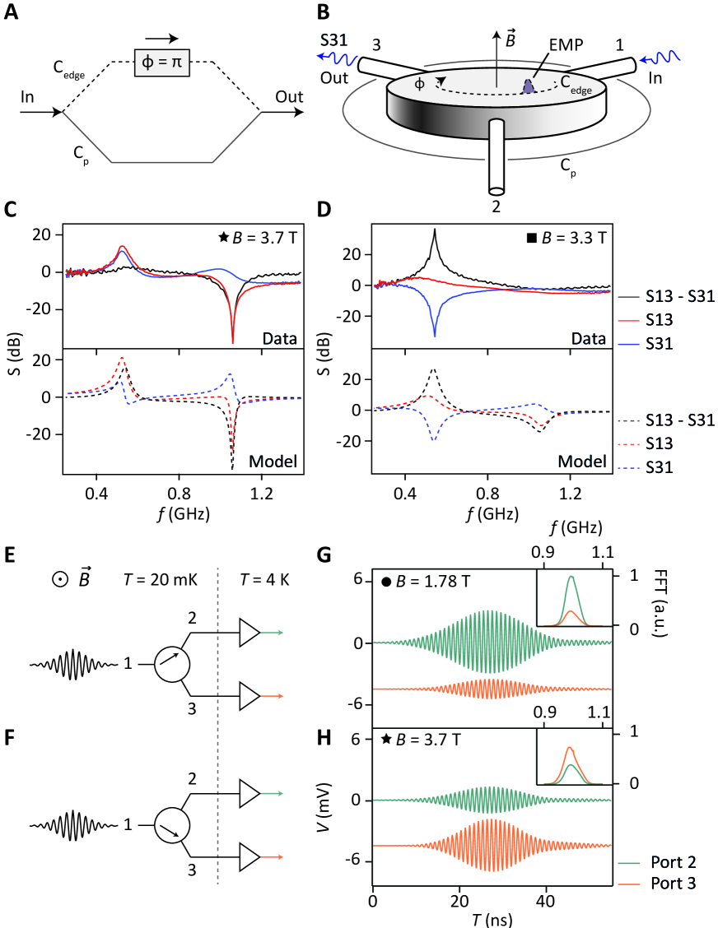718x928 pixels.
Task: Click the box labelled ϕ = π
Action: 162,63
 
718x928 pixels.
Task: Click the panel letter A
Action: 11,13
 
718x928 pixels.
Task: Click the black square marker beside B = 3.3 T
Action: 532,240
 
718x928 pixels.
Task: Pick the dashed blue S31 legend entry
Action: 669,466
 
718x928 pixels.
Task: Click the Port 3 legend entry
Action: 669,884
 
